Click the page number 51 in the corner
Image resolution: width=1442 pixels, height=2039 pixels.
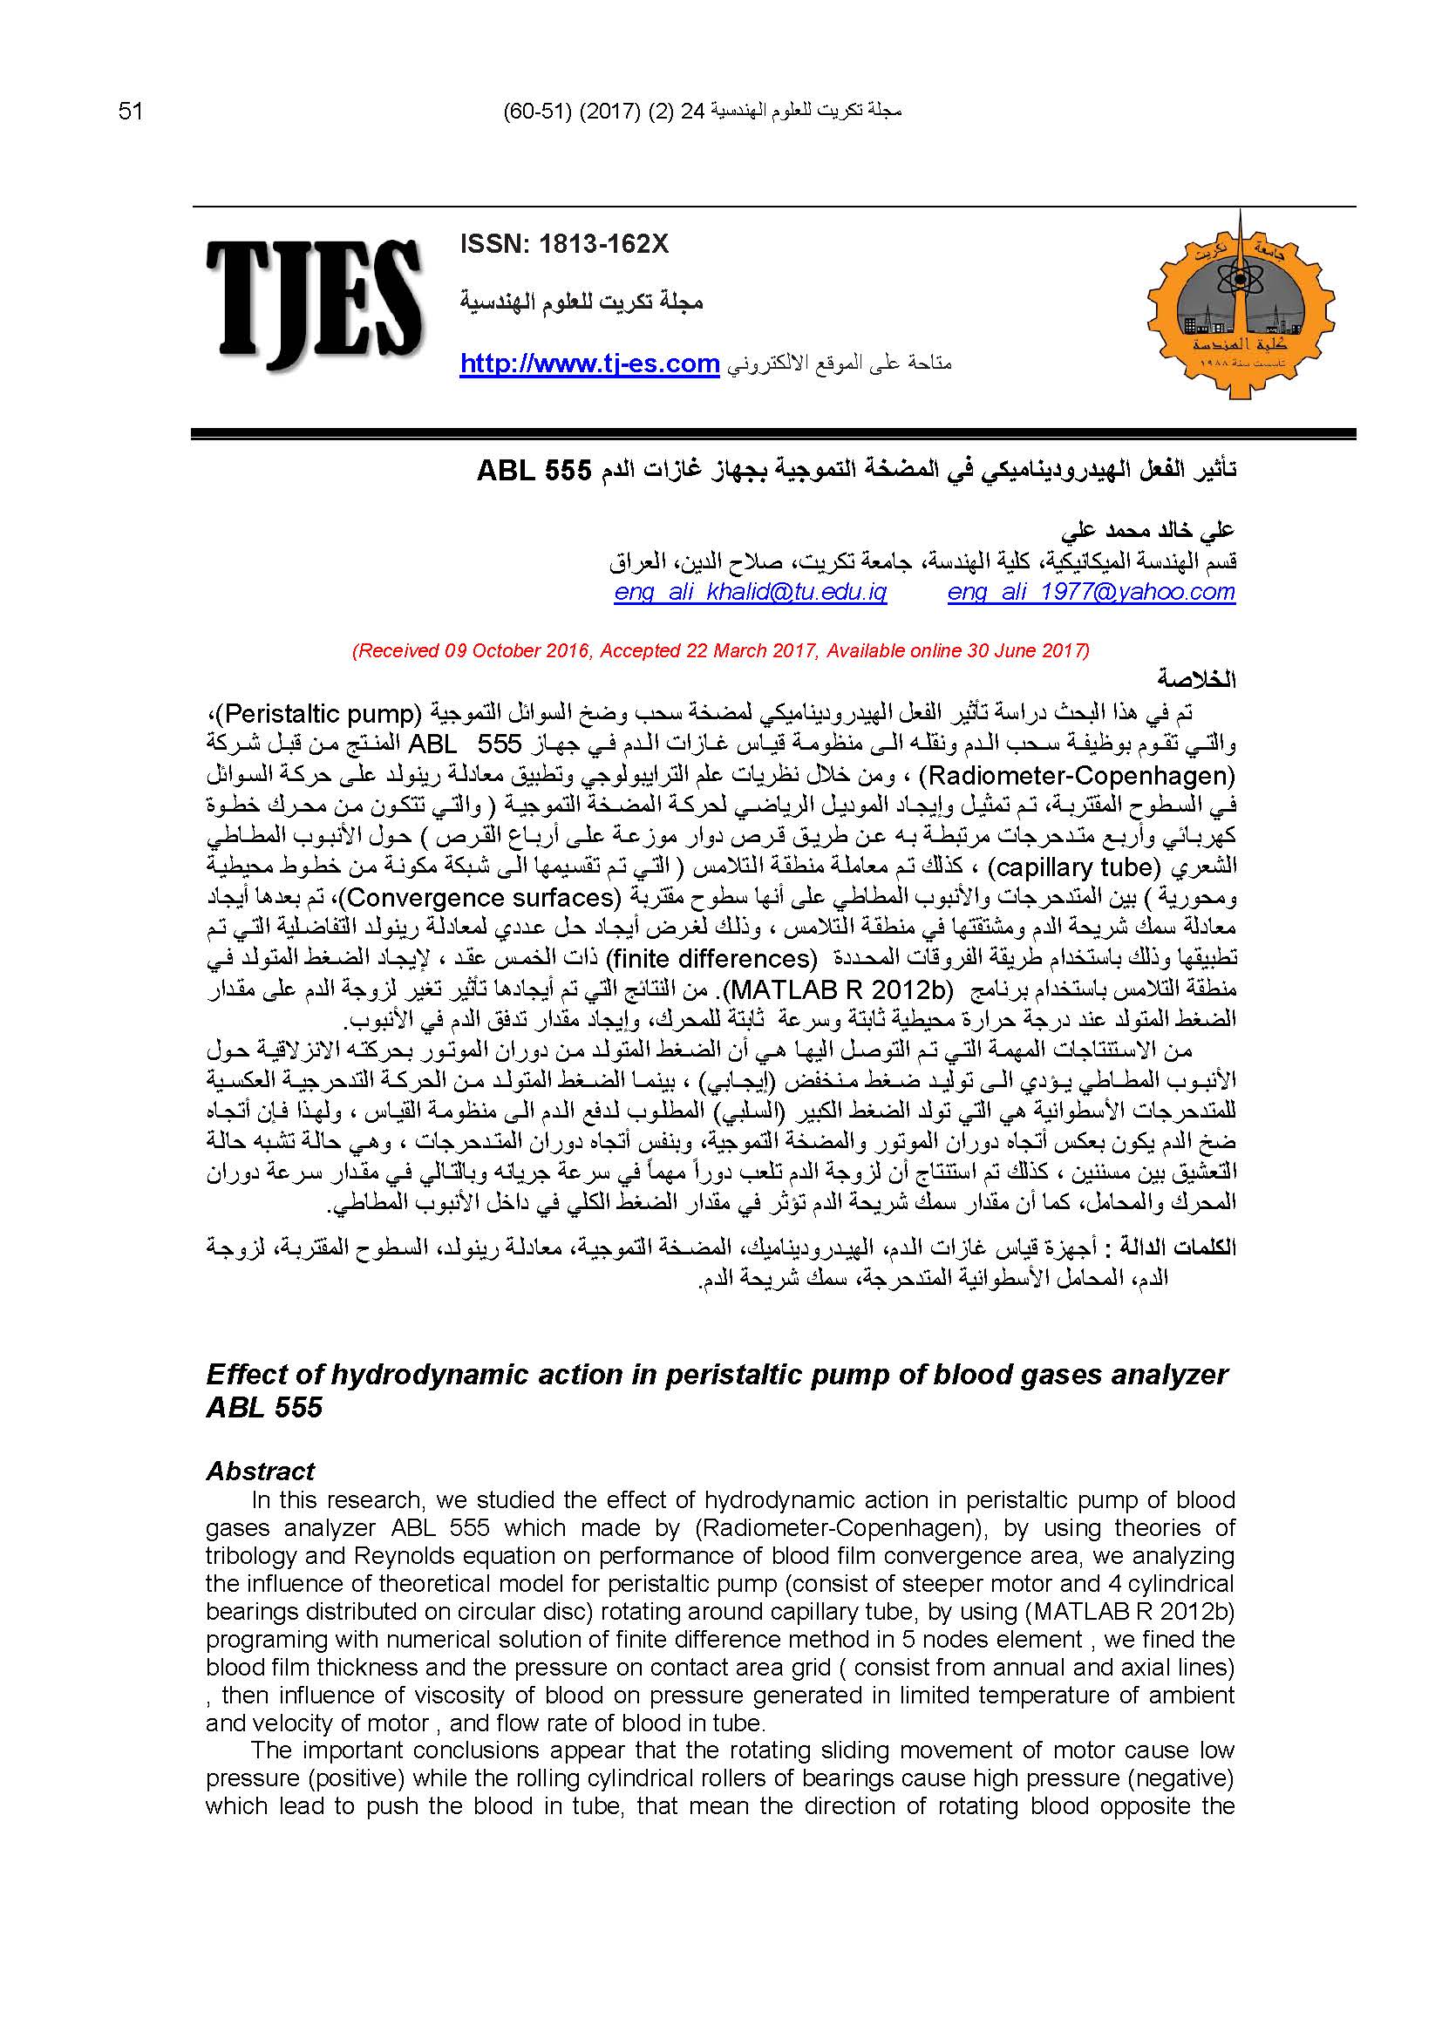click(x=130, y=112)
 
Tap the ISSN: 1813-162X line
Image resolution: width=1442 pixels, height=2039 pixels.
click(x=564, y=245)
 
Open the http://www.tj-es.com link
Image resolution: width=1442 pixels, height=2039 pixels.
click(x=588, y=364)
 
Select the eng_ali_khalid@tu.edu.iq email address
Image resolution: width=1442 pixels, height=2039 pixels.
click(x=751, y=592)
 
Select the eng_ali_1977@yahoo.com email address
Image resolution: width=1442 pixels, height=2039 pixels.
click(x=1092, y=592)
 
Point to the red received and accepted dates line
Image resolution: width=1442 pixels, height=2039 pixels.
click(x=720, y=650)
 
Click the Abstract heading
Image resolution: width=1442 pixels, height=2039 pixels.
click(x=260, y=1471)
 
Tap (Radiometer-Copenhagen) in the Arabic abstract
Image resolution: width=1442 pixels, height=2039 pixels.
click(x=1076, y=776)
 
